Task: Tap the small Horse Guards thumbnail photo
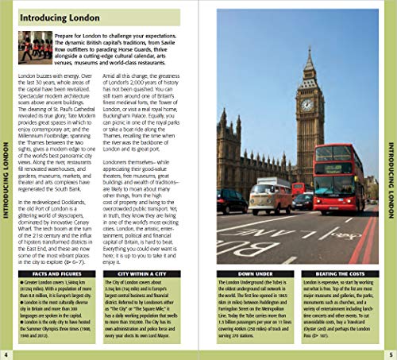click(x=34, y=47)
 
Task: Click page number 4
click(x=6, y=353)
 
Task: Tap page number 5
click(x=390, y=353)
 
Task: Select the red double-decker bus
click(x=338, y=179)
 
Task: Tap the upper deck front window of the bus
click(x=339, y=156)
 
